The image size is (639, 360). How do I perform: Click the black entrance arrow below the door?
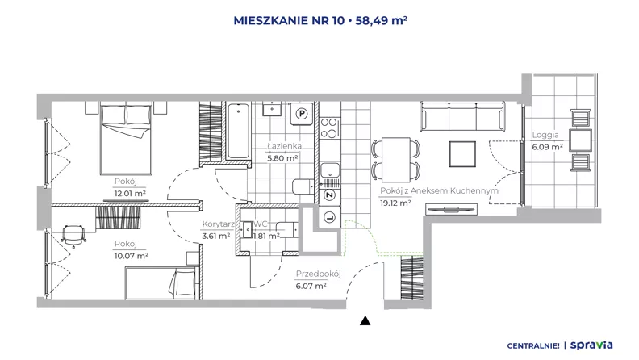365,321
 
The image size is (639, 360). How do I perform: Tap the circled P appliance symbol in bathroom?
302,114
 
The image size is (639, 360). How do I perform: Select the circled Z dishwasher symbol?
330,195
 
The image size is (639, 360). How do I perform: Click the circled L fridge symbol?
330,218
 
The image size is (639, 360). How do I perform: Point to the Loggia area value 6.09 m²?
547,147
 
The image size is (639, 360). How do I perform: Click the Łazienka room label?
285,145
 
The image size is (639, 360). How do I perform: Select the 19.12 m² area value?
395,203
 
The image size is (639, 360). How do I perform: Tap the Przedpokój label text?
318,274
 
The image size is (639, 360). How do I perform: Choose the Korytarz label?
218,224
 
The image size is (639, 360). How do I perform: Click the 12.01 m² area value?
130,193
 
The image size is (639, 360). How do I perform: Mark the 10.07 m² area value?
132,256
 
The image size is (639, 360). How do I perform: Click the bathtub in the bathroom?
238,131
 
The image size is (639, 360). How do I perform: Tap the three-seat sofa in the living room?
462,116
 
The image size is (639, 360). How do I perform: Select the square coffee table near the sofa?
462,154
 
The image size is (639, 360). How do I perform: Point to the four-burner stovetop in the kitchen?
329,128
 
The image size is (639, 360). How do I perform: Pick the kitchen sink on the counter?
330,170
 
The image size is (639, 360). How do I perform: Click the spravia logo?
591,345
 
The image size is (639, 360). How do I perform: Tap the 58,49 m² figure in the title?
381,20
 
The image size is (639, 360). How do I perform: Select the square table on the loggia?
580,140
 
